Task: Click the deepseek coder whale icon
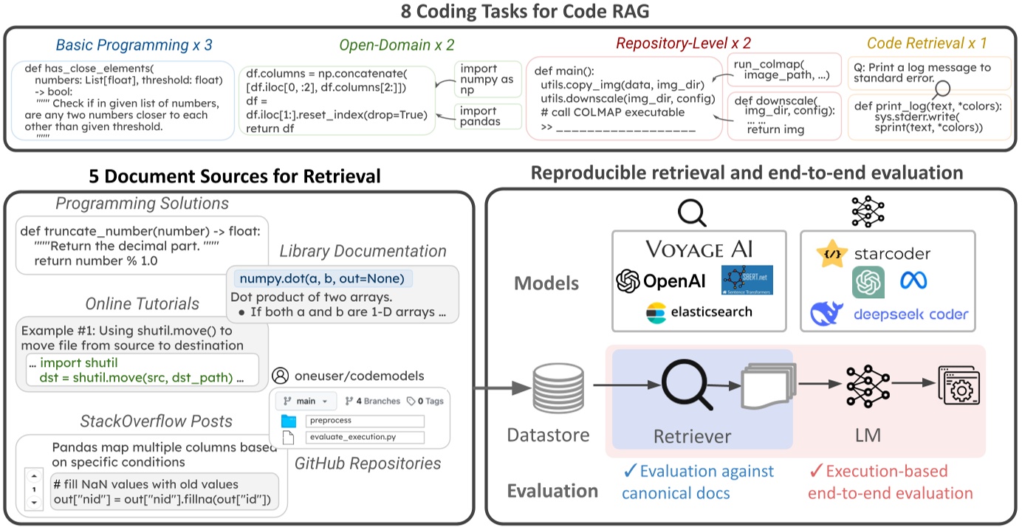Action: point(827,313)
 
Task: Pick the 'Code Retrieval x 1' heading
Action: point(927,44)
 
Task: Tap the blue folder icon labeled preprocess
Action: point(288,421)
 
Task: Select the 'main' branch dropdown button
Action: point(306,401)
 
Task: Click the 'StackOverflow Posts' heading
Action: point(156,421)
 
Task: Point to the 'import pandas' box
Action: point(478,116)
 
